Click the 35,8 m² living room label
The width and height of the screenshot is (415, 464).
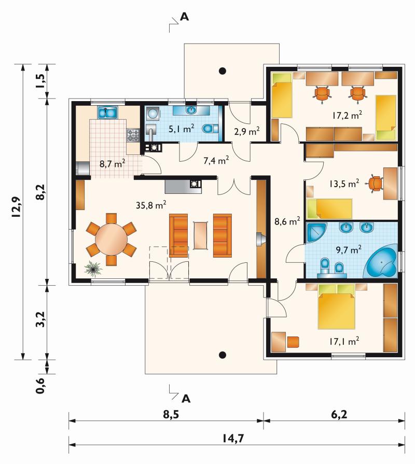[x=150, y=205]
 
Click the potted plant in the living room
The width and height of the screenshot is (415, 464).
[x=94, y=269]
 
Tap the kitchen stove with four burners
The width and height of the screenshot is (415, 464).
[x=133, y=135]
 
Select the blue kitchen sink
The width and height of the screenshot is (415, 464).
[x=107, y=113]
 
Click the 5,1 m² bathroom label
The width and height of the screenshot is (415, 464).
[x=181, y=129]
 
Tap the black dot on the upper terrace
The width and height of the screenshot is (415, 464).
[x=223, y=71]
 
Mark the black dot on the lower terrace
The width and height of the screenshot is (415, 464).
[x=223, y=355]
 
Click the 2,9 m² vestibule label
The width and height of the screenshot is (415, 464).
[x=247, y=131]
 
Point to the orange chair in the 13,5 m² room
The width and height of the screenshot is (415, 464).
[x=376, y=183]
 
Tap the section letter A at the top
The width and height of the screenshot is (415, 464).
[x=184, y=17]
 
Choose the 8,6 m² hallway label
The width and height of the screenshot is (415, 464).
[x=287, y=221]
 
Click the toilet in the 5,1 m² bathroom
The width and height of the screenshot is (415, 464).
[x=210, y=129]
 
